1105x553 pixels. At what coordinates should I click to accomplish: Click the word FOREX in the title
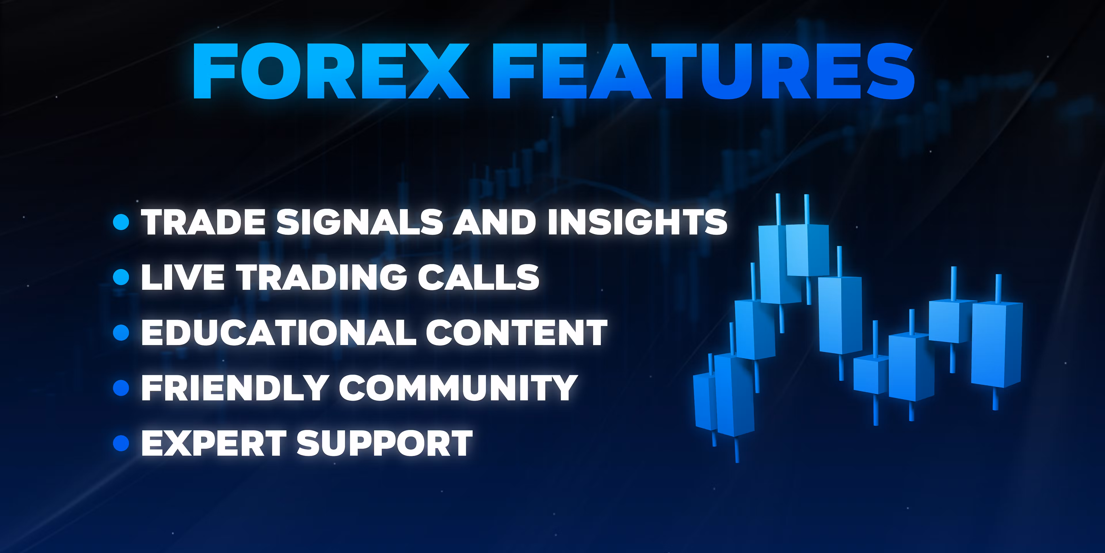click(x=331, y=71)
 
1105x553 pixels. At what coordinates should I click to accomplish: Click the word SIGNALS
click(x=359, y=222)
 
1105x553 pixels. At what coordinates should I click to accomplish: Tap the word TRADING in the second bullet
click(x=321, y=277)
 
